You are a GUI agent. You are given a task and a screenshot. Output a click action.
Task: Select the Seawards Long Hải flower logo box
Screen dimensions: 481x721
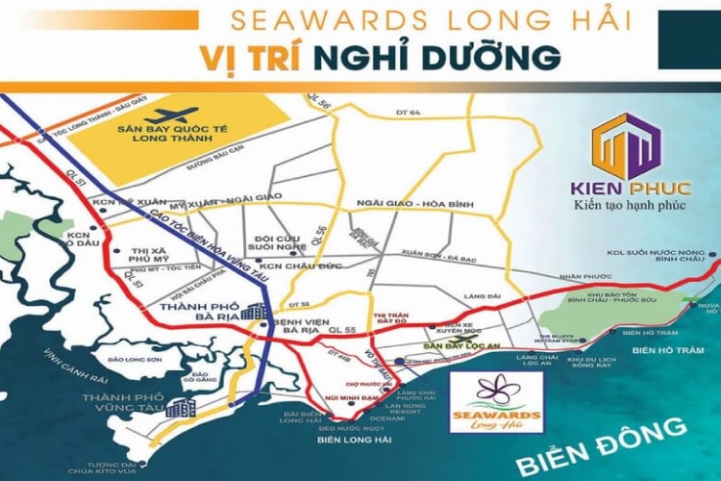[x=496, y=402]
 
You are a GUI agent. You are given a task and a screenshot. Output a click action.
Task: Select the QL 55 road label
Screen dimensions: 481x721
[x=340, y=328]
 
